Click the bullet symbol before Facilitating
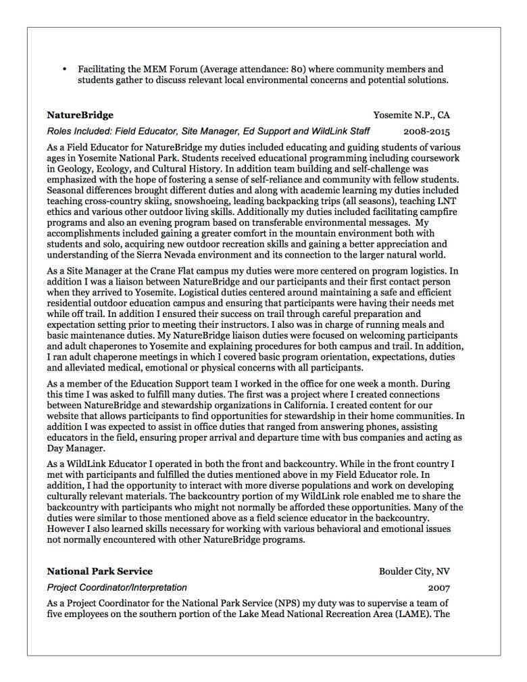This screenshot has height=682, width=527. click(64, 70)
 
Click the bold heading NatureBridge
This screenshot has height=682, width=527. click(80, 115)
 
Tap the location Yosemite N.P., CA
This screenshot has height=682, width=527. click(411, 115)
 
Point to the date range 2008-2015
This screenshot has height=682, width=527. click(426, 132)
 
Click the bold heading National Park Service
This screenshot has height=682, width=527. click(99, 571)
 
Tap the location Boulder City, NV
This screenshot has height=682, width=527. click(414, 571)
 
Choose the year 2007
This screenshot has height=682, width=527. click(438, 588)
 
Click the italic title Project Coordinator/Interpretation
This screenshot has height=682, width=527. click(117, 588)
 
